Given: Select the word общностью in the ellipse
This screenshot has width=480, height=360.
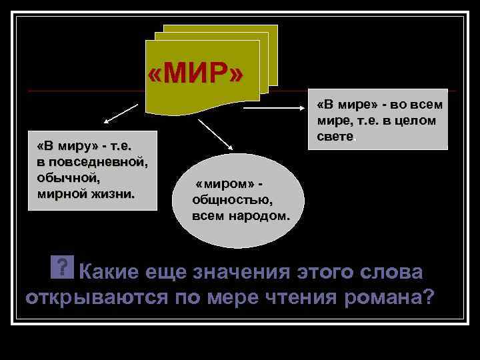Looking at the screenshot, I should point(231,199).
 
